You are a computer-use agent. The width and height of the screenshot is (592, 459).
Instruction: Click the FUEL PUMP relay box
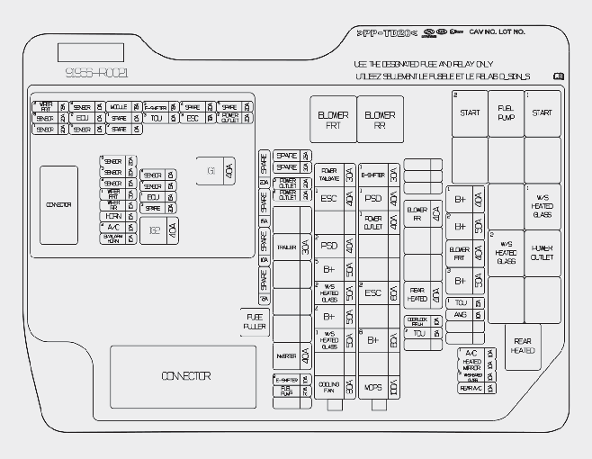coord(506,113)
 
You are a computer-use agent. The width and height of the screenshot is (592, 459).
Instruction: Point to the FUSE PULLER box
coord(253,320)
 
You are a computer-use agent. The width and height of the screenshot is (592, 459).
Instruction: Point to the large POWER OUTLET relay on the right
coord(542,253)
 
